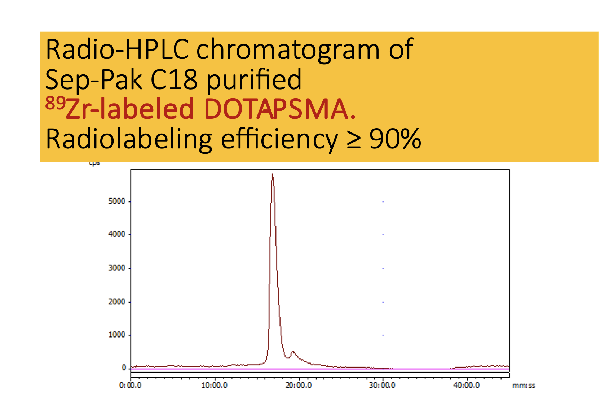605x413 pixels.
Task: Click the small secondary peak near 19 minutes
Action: (293, 352)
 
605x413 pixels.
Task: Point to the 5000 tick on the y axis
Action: (117, 201)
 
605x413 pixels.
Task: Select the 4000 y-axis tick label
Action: (117, 235)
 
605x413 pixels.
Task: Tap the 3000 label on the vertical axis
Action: (117, 268)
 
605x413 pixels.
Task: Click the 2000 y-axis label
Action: (117, 302)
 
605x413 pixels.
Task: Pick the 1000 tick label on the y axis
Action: (117, 335)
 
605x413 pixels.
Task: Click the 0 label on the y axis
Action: (124, 368)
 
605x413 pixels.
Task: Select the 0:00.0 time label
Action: (130, 386)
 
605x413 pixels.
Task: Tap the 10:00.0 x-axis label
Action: (214, 386)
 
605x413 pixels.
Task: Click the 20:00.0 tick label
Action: (299, 386)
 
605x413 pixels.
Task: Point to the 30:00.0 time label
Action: (382, 386)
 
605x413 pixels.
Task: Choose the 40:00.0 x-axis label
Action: (467, 386)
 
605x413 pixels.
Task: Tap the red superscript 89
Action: (55, 104)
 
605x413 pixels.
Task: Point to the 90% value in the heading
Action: (395, 139)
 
